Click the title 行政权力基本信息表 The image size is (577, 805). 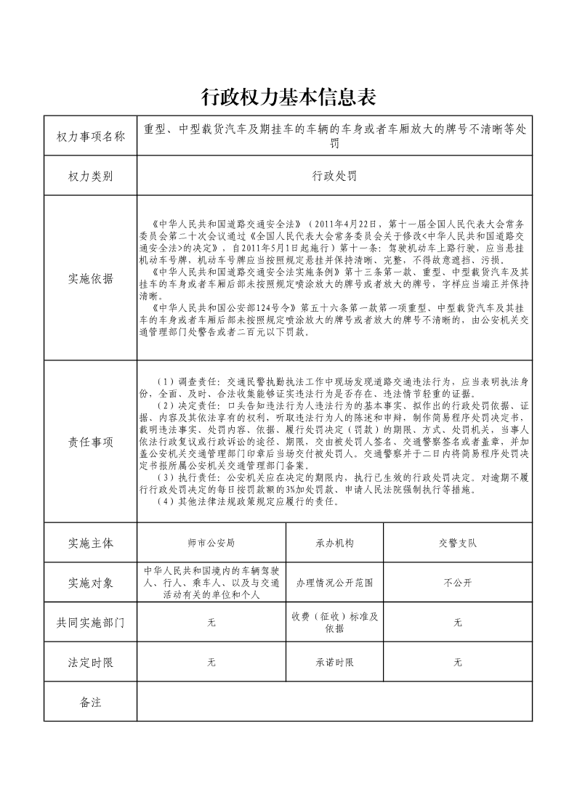[288, 97]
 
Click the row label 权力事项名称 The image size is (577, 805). [91, 136]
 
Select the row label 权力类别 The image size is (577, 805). [91, 176]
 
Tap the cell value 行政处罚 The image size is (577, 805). [334, 176]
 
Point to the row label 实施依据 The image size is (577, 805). [91, 278]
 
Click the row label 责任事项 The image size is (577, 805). [91, 442]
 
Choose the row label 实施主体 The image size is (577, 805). [91, 543]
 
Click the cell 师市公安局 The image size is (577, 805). [211, 543]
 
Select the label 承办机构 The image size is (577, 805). [334, 543]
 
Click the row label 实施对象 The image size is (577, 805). [91, 583]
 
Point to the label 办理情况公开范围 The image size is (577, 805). [334, 583]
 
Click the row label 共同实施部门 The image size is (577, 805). [91, 623]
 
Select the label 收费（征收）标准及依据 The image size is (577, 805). [334, 623]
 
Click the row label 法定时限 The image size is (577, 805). [91, 663]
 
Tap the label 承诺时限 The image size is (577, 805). [334, 663]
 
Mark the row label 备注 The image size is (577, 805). [91, 702]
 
